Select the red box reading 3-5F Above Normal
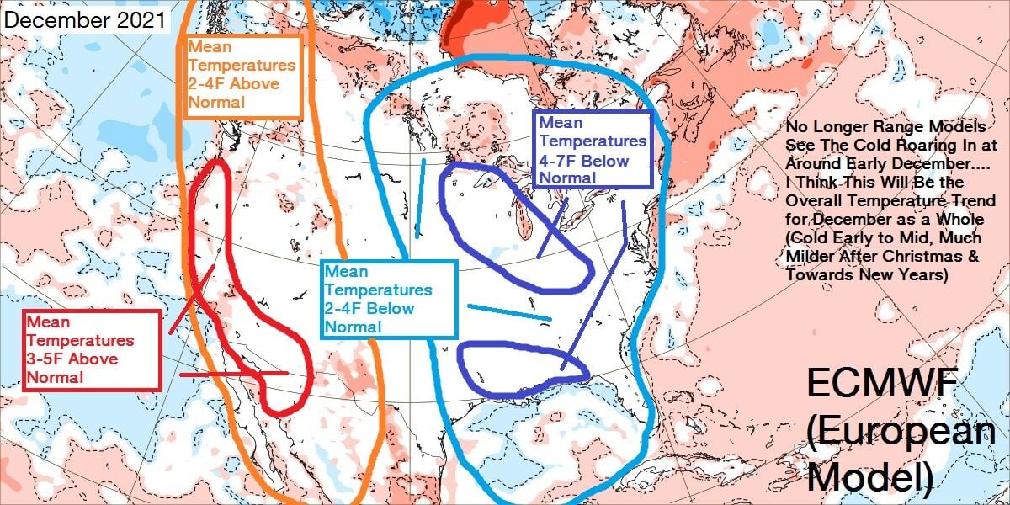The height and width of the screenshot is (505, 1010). pos(92,349)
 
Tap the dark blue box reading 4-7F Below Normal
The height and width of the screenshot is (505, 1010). pos(593,149)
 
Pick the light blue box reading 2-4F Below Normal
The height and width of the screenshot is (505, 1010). pos(388,299)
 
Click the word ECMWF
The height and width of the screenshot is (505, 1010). pos(882,385)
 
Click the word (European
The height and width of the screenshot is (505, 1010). pos(901,431)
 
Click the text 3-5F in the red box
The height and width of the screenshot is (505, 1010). pos(46,359)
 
